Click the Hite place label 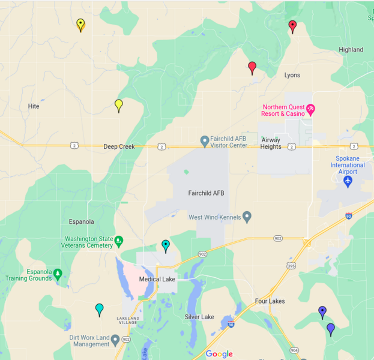coord(34,106)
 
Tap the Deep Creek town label coord(119,146)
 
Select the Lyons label coord(292,75)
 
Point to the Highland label coord(351,50)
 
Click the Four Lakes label coord(270,301)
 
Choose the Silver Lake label coord(199,317)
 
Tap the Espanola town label coord(81,221)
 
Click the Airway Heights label coord(271,143)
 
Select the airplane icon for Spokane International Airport coord(348,181)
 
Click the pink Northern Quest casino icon coord(311,109)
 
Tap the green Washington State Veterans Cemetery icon coord(119,241)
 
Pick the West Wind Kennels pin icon coord(247,217)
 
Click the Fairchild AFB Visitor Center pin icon coord(205,141)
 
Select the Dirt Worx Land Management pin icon coord(115,341)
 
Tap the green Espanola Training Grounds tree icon coord(58,274)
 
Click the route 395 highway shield coord(291,266)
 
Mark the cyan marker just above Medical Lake coord(166,245)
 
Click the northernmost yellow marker coord(80,24)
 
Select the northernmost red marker coord(292,26)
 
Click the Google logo coord(219,354)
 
